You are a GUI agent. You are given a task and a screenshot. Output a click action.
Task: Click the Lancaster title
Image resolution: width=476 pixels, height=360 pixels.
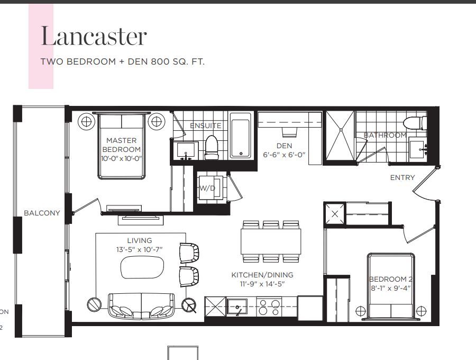coord(94,36)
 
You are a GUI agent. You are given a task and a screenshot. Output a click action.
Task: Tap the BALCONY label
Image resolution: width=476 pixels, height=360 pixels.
coord(42,213)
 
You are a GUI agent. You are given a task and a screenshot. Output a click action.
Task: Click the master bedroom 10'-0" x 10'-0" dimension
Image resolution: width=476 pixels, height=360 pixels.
coord(122,159)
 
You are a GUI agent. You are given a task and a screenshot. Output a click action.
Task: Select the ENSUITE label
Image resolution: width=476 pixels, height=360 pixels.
coord(206,125)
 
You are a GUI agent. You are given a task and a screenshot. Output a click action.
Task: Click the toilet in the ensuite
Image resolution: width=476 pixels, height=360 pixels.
coord(212,148)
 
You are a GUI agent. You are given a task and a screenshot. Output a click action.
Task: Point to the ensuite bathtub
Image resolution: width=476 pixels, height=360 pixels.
coord(241,136)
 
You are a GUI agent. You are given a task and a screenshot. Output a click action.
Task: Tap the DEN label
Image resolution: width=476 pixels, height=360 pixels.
coord(284,146)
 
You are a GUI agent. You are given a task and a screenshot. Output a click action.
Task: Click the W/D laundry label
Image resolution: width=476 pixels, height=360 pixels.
coord(207,188)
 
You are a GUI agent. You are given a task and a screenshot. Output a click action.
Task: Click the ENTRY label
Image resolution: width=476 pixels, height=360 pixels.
coord(402,177)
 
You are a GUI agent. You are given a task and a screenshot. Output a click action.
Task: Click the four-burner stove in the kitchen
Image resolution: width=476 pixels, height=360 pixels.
coord(269,307)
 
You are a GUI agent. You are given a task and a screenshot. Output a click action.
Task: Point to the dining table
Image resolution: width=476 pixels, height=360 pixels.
coord(271,241)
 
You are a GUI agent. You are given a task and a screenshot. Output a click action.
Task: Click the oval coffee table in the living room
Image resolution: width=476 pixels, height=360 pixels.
coord(142,267)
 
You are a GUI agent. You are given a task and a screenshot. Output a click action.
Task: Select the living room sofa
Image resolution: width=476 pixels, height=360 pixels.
coord(141,306)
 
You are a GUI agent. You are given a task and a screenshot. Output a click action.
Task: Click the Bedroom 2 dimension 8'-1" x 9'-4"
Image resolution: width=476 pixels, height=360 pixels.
coord(391,288)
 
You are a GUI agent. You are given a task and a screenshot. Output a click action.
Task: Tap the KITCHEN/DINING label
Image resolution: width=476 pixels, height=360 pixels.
coord(262,275)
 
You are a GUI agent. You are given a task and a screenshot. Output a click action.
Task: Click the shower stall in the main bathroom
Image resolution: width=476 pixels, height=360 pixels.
coord(340,135)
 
